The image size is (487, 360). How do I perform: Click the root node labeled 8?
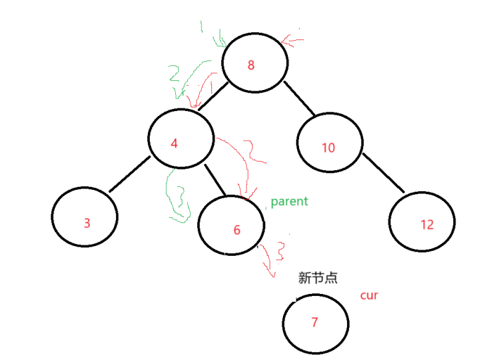coord(255,64)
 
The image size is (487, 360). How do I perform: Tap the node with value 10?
coord(329,146)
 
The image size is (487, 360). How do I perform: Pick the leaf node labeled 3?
coord(85,220)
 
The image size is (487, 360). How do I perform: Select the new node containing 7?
coord(315,323)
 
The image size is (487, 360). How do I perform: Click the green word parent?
coord(289,202)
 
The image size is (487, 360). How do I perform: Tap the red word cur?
coord(369,295)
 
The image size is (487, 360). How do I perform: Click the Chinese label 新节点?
coord(318,278)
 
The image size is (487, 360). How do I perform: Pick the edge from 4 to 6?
coord(214,179)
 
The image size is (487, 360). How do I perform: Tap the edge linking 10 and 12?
coord(384,173)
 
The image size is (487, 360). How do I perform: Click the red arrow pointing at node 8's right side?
coord(292,39)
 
